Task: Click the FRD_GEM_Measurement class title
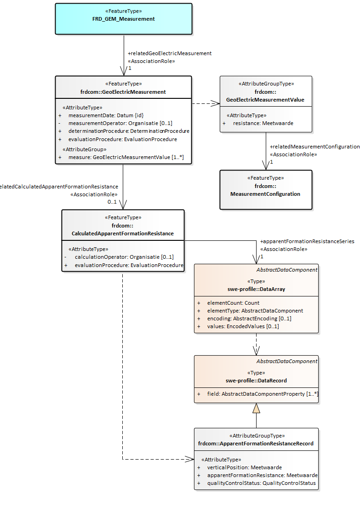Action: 123,19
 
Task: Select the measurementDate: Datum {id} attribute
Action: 106,115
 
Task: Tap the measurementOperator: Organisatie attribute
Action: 120,123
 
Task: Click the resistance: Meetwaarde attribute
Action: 263,123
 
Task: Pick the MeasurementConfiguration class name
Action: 265,194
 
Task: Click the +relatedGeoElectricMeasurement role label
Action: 169,53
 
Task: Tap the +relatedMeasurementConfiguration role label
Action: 314,147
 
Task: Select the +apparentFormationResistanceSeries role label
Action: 307,241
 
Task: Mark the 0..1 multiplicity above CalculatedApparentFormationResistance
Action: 112,202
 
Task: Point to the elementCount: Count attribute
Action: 233,303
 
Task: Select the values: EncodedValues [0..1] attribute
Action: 243,326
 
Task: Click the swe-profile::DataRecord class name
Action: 256,381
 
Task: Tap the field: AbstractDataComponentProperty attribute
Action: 263,394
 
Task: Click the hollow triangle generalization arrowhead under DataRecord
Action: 256,408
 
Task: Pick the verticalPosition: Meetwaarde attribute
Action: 244,467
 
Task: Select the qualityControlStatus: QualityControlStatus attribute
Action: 261,483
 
